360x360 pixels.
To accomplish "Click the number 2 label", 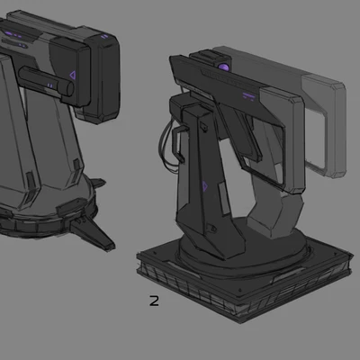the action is click(x=154, y=301).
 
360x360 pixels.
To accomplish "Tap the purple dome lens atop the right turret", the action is click(x=223, y=67).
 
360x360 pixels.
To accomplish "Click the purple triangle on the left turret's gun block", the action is click(x=73, y=76).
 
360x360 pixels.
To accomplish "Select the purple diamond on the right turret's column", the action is click(x=205, y=186).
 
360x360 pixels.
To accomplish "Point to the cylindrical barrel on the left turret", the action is click(x=46, y=81).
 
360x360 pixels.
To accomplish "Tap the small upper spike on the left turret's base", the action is click(x=98, y=183).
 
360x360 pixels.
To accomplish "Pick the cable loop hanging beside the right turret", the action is click(x=165, y=146).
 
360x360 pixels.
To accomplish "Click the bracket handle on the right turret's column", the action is click(x=179, y=144).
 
